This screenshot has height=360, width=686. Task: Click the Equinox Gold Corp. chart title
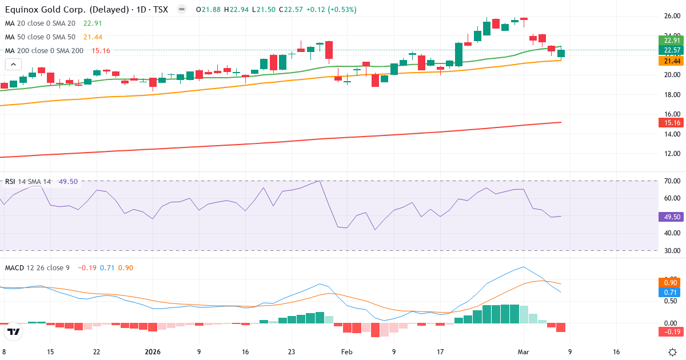coord(86,10)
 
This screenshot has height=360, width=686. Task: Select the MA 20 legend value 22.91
coord(92,23)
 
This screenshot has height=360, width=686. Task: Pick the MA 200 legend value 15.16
coord(101,50)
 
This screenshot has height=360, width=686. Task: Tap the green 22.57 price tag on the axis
coord(671,50)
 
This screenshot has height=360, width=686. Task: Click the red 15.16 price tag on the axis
coord(671,123)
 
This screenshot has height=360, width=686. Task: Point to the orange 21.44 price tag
coord(671,61)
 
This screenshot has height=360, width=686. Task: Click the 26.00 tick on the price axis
coord(671,16)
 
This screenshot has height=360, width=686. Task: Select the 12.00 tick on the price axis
coord(671,154)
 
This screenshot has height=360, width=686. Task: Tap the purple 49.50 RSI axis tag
coord(671,217)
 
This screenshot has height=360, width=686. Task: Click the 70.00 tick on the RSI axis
coord(671,181)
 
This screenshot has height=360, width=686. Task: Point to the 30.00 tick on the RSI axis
coord(671,250)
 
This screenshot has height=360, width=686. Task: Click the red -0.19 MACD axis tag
coord(671,332)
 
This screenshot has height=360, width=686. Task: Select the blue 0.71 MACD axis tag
coord(671,293)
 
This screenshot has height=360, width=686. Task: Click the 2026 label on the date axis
coord(153,352)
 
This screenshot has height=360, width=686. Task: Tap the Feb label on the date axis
coord(347,352)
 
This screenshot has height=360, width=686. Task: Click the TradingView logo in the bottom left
coord(14,331)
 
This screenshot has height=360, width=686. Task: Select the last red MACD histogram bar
coord(561,327)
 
